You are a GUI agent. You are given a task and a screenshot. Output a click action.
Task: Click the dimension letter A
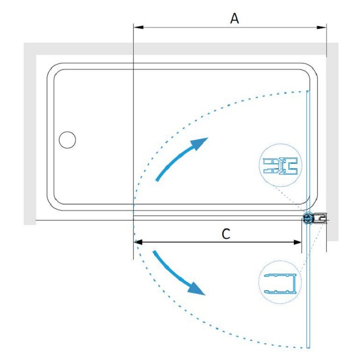[x=234, y=18]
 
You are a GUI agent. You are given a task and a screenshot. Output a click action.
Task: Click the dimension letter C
[x=226, y=234]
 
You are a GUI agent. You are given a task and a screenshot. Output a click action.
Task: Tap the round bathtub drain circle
[x=67, y=140]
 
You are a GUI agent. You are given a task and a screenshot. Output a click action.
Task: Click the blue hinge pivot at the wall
[x=308, y=218]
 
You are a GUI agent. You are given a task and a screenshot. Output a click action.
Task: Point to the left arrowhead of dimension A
[x=139, y=27]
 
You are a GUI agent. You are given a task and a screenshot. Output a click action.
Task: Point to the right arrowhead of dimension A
[x=321, y=27]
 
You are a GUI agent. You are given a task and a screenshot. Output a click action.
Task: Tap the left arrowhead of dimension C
[x=139, y=242]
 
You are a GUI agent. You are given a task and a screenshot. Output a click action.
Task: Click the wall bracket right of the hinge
[x=320, y=218]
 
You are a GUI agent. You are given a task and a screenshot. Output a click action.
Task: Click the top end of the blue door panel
[x=308, y=91]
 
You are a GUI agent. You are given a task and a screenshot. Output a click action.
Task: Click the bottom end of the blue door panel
[x=308, y=348]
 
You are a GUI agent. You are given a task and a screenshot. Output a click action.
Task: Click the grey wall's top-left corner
[x=24, y=43]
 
